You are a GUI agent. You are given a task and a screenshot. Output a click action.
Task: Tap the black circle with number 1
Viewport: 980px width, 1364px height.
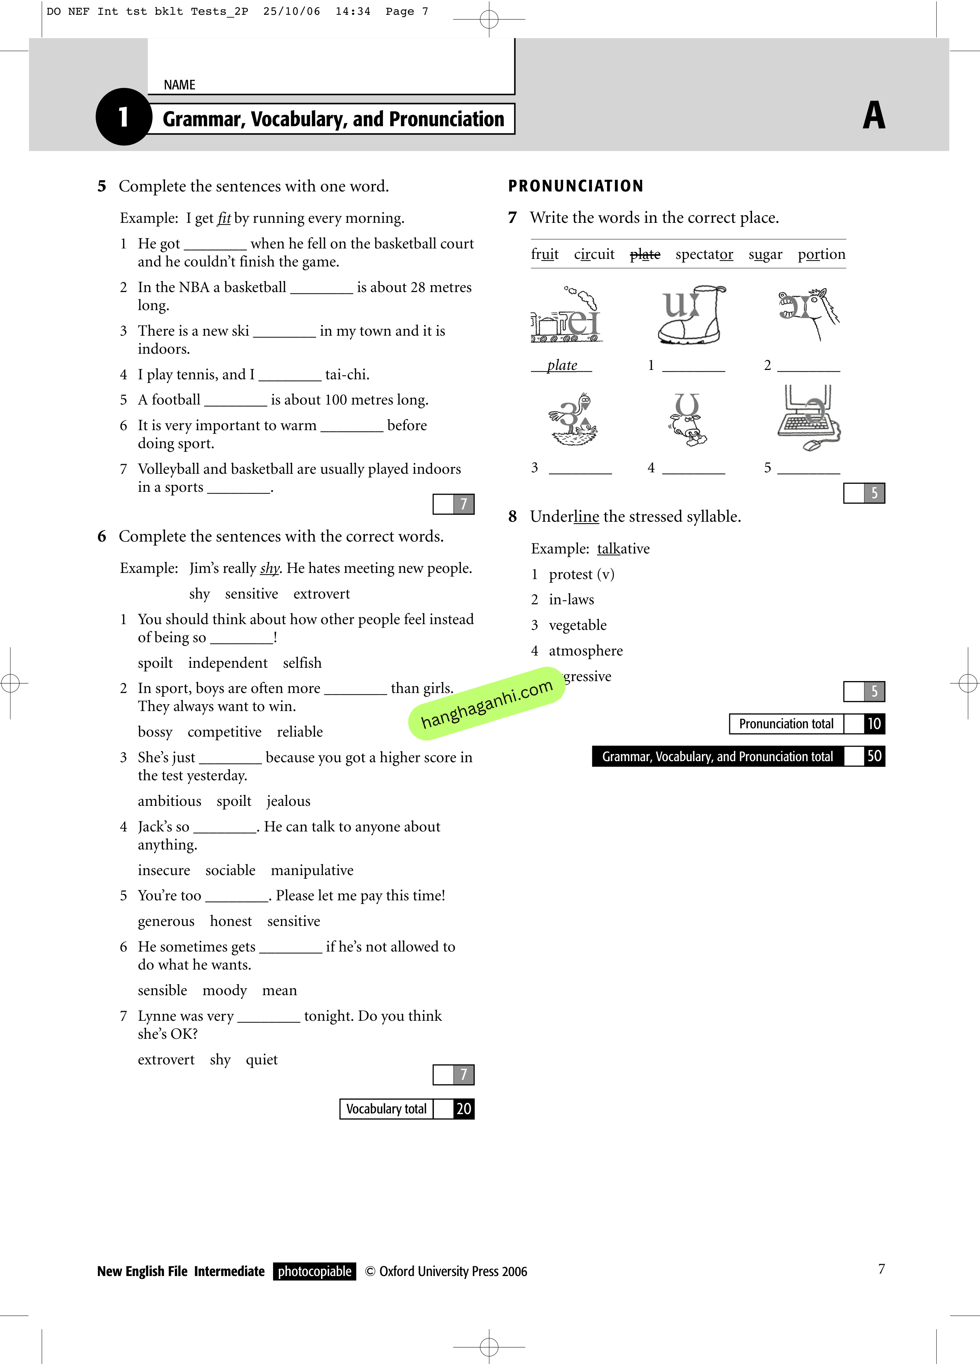(123, 117)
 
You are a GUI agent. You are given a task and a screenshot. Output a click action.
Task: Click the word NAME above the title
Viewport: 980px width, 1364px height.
(179, 85)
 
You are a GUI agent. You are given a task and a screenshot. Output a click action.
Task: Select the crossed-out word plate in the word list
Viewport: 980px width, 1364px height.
(645, 255)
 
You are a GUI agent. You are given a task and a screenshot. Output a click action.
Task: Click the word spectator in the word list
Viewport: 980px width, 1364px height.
(704, 255)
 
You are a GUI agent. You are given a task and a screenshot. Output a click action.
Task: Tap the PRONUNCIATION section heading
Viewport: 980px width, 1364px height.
(576, 186)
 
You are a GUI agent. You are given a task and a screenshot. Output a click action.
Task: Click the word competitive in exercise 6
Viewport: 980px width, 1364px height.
(224, 732)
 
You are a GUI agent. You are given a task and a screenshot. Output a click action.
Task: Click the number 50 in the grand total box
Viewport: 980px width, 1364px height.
(874, 756)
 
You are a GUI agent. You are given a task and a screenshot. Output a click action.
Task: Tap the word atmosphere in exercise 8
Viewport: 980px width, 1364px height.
(585, 651)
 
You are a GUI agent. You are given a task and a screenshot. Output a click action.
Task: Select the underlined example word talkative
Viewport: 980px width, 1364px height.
(623, 548)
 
